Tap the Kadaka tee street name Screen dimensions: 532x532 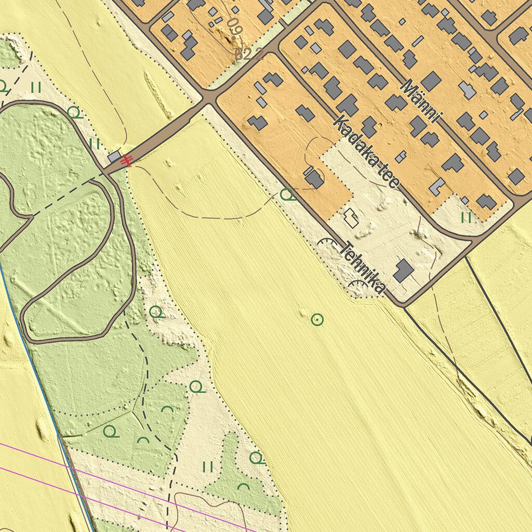pyautogui.click(x=366, y=153)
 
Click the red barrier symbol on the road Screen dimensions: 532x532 pyautogui.click(x=126, y=162)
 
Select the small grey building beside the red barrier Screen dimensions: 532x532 pyautogui.click(x=114, y=157)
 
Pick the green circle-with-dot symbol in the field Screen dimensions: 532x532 pyautogui.click(x=317, y=320)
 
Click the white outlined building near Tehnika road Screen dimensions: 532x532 pyautogui.click(x=352, y=218)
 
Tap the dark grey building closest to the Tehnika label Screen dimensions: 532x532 pyautogui.click(x=403, y=271)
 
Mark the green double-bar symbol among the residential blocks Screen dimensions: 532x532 pyautogui.click(x=466, y=217)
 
